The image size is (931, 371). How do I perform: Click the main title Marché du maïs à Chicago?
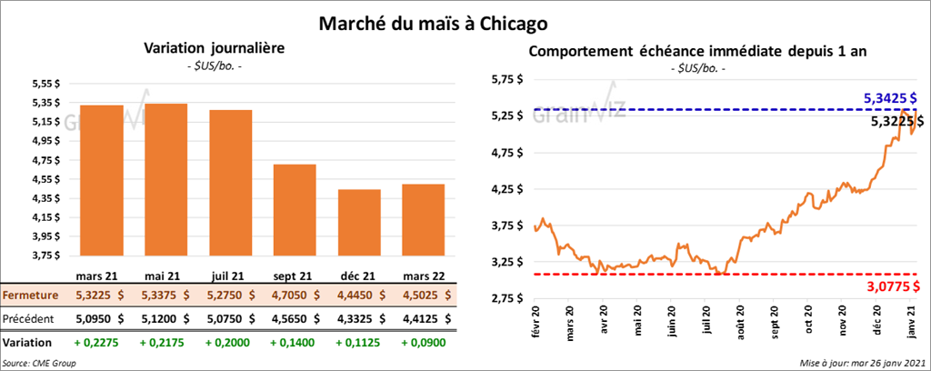[x=433, y=22]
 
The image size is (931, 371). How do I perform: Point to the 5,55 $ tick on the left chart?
[x=45, y=84]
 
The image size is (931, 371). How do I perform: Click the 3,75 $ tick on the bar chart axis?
[x=45, y=256]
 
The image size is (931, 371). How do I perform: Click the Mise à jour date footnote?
[x=863, y=362]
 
